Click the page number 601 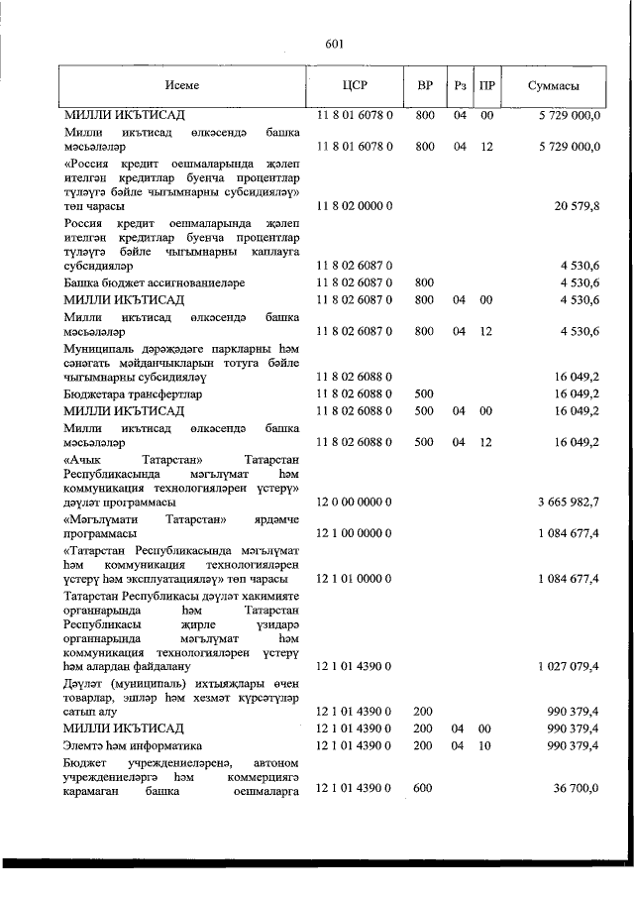pos(334,43)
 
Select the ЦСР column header pos(355,86)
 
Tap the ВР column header pos(424,86)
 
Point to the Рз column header pos(460,86)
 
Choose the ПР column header pos(486,86)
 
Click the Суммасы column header pos(553,86)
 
